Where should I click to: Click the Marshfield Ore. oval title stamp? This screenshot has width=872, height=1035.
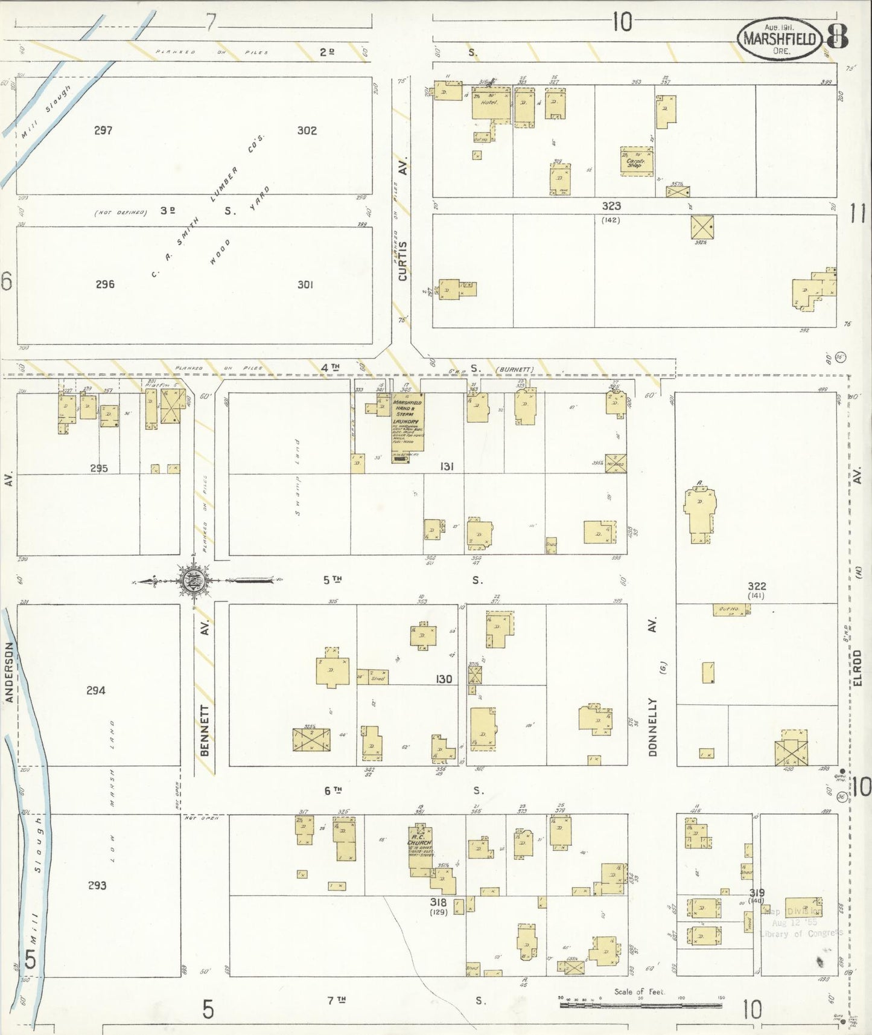point(780,39)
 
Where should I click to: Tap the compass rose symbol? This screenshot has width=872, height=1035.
point(194,582)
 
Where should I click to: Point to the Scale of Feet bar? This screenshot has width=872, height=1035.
point(641,1005)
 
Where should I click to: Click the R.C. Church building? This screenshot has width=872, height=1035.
point(420,847)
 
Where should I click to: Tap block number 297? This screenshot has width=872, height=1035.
point(103,130)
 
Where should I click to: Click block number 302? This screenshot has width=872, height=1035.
point(307,130)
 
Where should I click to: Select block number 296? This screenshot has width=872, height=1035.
point(105,284)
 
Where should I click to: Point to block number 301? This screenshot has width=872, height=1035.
point(305,284)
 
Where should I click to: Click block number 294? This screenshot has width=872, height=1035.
point(96,690)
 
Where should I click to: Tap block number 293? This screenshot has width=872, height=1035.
point(97,885)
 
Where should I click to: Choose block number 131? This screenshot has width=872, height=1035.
point(447,466)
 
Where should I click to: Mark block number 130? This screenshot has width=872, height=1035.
point(444,679)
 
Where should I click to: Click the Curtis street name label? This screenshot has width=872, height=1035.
point(403,260)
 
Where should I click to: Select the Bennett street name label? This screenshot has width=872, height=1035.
point(205,730)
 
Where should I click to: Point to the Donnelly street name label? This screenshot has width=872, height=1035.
point(652,727)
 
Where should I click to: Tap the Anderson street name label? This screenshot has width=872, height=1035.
point(9,671)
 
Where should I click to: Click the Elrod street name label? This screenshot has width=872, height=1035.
point(858,667)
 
